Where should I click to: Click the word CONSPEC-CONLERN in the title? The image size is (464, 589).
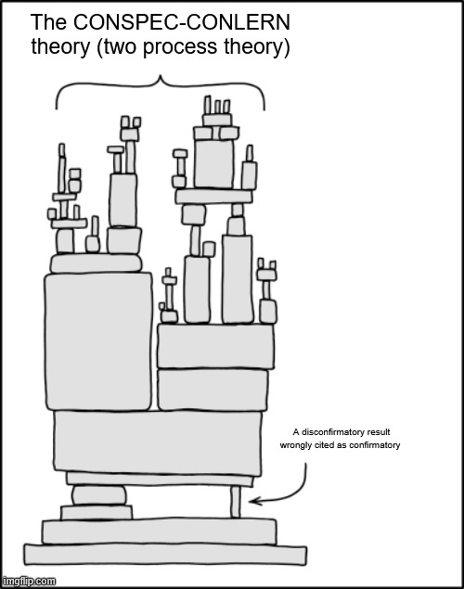point(182,22)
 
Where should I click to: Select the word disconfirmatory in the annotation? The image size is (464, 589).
point(329,432)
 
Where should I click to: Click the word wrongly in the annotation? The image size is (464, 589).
point(293,445)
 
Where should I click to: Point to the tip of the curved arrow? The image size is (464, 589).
point(249,501)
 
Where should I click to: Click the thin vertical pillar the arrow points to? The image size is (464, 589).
point(235,502)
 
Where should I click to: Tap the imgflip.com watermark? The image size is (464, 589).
point(28,581)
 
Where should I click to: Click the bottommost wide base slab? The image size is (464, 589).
point(165,554)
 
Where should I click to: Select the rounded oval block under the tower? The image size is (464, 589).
point(98,495)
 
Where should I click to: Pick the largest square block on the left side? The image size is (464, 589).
point(98,342)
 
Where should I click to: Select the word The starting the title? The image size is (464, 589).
point(49,22)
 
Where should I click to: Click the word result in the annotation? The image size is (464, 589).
point(376,432)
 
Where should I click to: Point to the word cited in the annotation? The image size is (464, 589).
point(318,445)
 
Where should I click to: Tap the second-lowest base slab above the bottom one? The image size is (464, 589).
point(160,531)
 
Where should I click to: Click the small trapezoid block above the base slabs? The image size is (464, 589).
point(97,512)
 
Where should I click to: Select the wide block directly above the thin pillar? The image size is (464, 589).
point(160,479)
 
